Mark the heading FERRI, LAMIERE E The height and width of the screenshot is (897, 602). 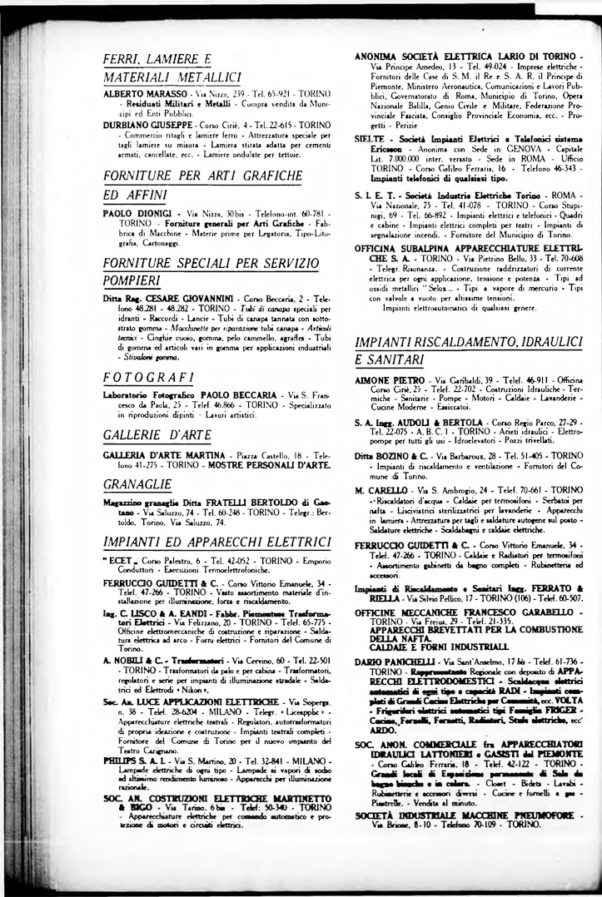[157, 58]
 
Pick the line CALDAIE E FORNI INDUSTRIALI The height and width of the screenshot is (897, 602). [428, 647]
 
